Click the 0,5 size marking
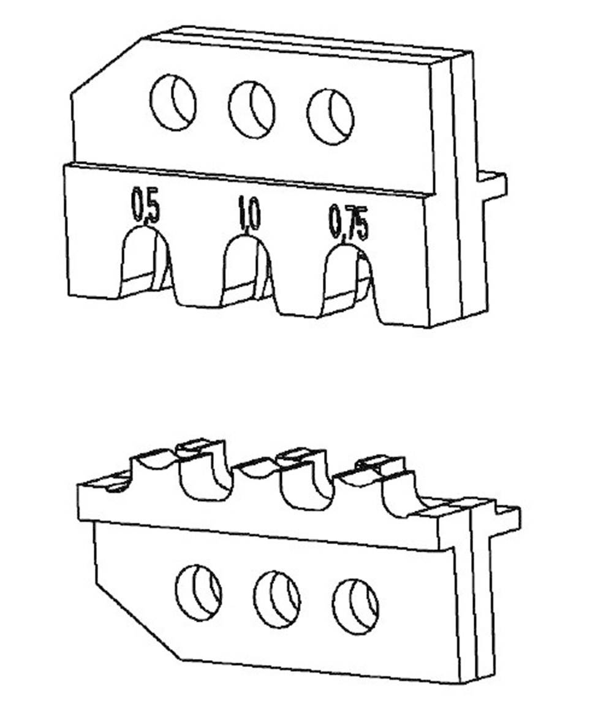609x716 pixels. pos(146,206)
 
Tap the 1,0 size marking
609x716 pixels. pos(249,214)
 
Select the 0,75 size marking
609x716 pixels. pos(348,222)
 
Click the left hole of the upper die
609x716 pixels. pos(173,102)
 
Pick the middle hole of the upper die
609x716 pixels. pos(252,110)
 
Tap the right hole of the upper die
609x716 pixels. pos(331,117)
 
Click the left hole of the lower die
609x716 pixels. pos(199,593)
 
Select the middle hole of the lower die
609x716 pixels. pos(278,599)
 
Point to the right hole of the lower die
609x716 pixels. pos(355,606)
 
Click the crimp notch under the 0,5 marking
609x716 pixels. pos(145,263)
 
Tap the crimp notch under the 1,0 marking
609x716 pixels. pos(248,270)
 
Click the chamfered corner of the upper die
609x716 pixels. pos(106,67)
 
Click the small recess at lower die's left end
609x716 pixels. pos(117,486)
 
